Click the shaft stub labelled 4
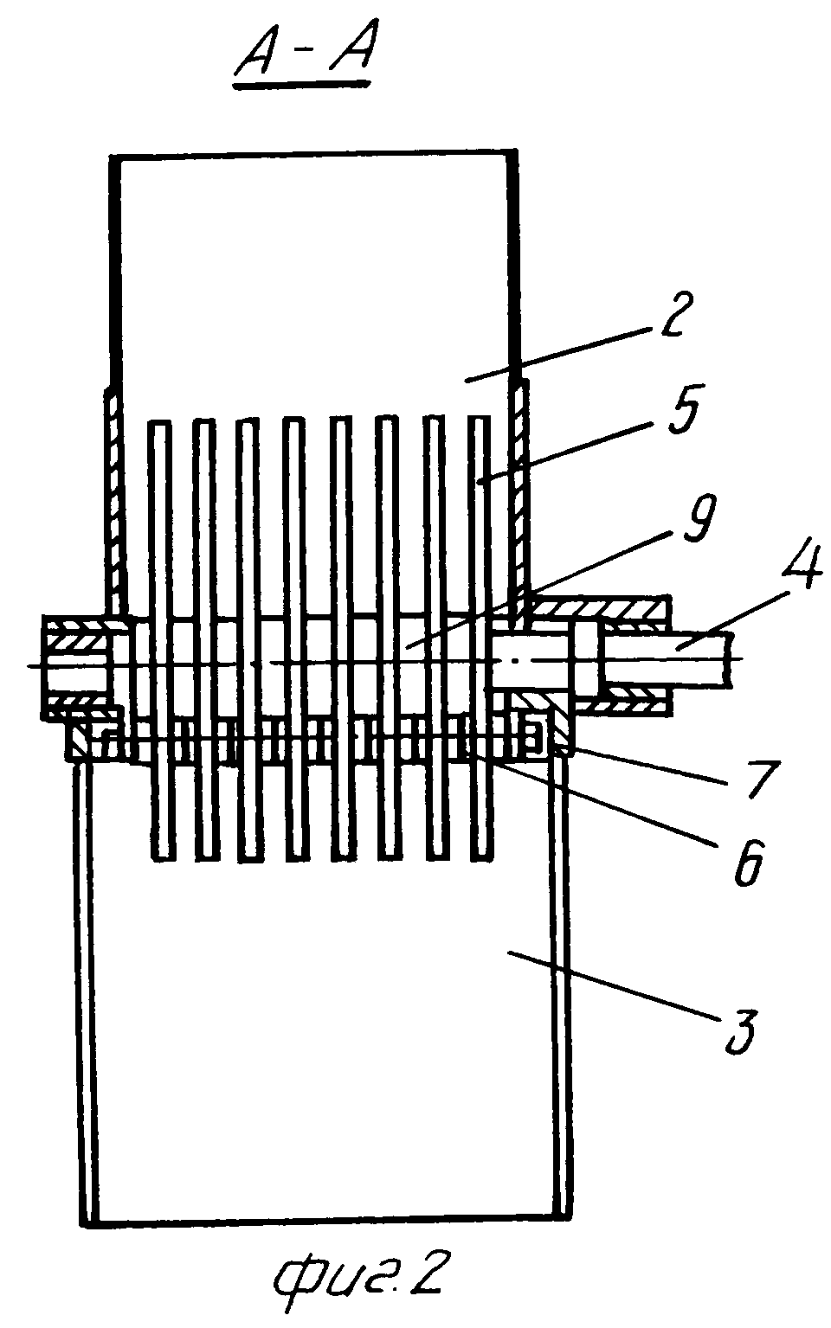point(675,662)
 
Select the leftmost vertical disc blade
point(159,640)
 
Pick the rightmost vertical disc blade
point(480,640)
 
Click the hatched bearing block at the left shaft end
point(74,666)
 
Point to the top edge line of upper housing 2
point(313,156)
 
